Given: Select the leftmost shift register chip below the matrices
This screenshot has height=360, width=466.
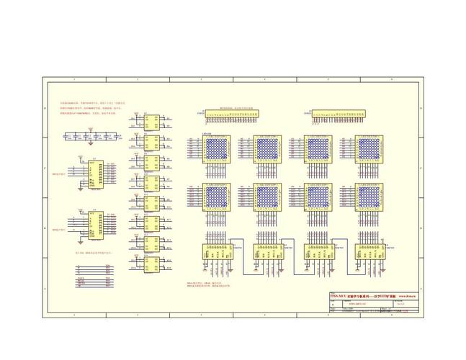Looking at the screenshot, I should (216, 252).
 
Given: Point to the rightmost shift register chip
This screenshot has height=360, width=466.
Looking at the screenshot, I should (368, 252).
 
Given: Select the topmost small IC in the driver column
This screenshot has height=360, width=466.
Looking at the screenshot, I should (151, 120).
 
